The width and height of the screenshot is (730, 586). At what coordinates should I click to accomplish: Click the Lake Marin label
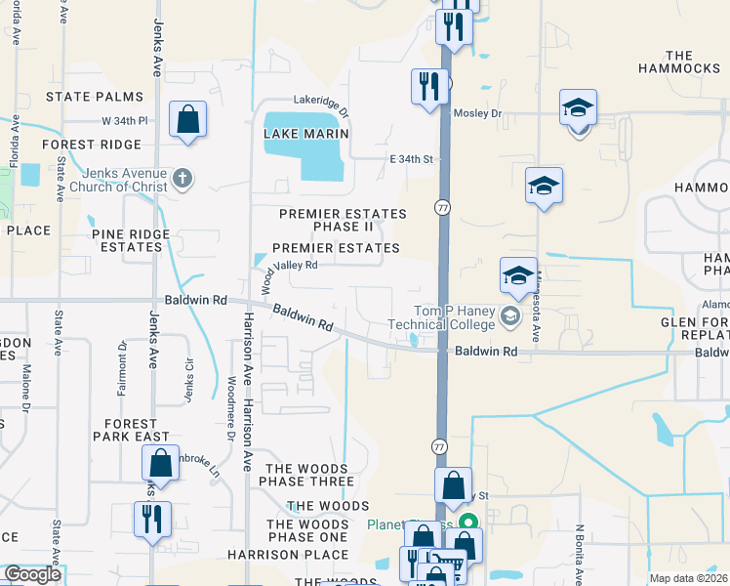coord(306,133)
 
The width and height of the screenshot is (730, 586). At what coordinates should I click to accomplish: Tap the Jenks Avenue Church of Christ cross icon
coord(182,178)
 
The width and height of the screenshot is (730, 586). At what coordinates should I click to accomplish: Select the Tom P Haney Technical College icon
coord(509,314)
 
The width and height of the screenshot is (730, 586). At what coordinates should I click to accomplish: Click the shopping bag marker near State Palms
coord(187,121)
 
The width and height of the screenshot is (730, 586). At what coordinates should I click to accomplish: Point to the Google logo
coord(32,574)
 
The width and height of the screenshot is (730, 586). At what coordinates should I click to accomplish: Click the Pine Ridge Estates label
coord(130,240)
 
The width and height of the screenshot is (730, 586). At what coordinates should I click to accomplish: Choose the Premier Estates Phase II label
coord(342,220)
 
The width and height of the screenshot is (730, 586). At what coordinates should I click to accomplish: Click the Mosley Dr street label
coord(476,113)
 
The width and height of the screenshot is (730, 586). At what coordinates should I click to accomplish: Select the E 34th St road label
coord(411,158)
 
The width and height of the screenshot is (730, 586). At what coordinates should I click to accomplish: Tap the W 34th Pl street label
coord(124,121)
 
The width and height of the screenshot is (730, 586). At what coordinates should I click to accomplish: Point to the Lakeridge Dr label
coord(321,100)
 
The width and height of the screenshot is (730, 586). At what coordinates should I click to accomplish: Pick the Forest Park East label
coord(130,430)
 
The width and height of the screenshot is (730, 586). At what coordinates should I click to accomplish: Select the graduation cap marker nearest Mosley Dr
coord(579,109)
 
